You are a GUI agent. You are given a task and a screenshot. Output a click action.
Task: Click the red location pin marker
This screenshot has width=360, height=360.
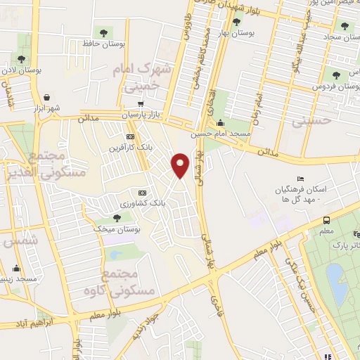181,165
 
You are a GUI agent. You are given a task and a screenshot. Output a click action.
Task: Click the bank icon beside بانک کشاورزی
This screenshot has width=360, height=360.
142,192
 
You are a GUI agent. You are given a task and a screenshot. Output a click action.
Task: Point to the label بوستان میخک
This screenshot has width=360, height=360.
122,229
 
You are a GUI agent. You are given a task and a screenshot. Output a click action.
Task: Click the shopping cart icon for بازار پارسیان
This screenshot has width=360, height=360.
142,103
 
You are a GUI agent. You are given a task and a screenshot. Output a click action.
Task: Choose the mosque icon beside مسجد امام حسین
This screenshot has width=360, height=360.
227,122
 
